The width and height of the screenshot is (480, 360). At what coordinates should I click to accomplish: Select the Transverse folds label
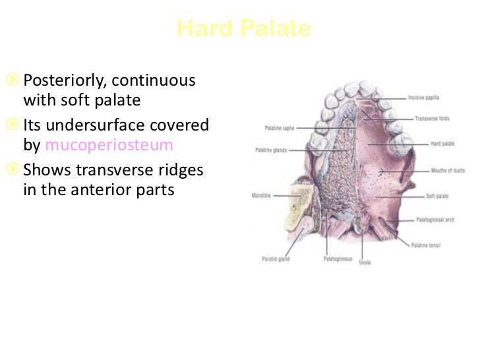click(432, 119)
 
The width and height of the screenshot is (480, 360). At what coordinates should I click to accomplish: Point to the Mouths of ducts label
click(447, 171)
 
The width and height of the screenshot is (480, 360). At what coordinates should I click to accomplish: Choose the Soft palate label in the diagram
click(438, 196)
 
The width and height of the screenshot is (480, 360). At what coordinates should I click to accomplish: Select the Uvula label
click(365, 262)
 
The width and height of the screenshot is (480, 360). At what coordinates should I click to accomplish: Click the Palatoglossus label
click(336, 258)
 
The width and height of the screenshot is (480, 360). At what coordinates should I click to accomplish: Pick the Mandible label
click(262, 195)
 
